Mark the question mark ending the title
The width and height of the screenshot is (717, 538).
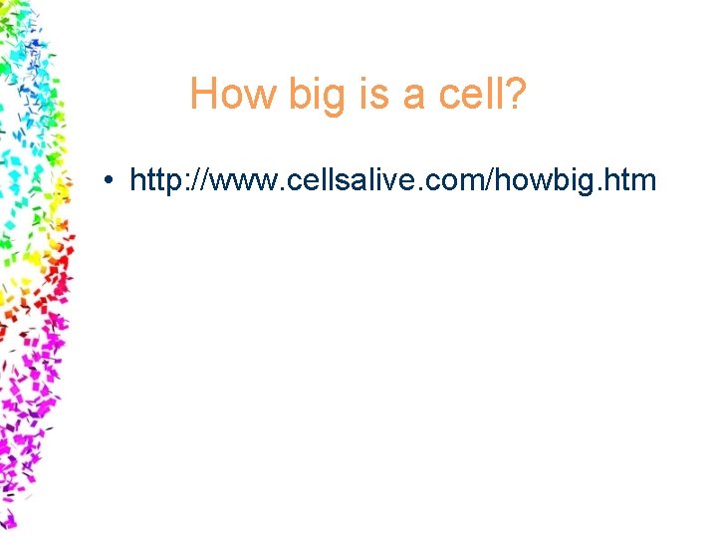point(515,95)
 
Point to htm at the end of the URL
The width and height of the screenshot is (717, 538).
point(629,180)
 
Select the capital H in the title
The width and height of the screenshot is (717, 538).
point(203,95)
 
